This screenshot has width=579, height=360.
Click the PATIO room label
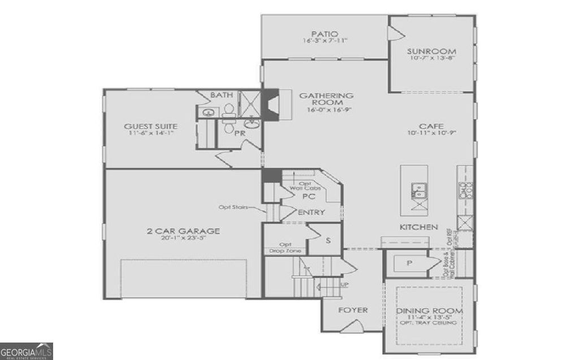tap(325, 33)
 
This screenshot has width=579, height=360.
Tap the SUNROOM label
tap(431, 51)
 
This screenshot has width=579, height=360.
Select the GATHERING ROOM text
tap(334, 99)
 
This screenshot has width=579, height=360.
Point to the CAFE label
tap(431, 126)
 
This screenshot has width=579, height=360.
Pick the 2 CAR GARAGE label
tap(183, 231)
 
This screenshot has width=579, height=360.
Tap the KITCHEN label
tap(419, 227)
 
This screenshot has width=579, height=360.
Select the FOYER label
tap(353, 310)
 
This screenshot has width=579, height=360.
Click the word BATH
tap(221, 95)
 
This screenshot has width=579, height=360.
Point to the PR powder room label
tap(240, 134)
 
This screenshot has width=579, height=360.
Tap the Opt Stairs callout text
tap(234, 207)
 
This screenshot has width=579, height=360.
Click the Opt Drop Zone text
tap(286, 248)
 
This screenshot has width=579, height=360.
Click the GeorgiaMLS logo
tap(27, 350)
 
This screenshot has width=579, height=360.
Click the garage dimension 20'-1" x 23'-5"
tap(183, 238)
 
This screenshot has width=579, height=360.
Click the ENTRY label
tap(311, 212)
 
